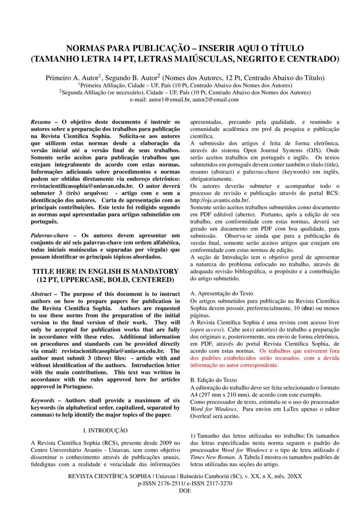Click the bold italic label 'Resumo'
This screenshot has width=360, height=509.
[x=41, y=122]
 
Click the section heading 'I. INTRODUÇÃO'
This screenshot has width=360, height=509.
[x=105, y=430]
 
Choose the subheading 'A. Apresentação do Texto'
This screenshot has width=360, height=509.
[x=222, y=294]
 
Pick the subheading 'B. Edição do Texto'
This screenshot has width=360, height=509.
[x=213, y=379]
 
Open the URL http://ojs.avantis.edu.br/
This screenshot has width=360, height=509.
[x=219, y=200]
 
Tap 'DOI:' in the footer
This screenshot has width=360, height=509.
[x=185, y=490]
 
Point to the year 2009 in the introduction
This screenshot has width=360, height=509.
[x=163, y=442]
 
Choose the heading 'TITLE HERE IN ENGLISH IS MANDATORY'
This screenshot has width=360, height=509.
[x=105, y=271]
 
